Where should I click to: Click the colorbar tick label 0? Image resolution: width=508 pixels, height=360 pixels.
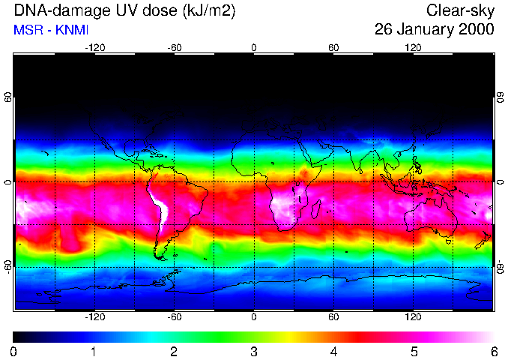click(x=13, y=351)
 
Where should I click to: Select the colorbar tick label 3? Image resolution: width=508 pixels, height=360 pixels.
click(x=253, y=351)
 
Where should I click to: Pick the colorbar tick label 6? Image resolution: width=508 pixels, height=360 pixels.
click(x=493, y=351)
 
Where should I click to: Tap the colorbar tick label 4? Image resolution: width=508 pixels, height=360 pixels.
click(x=333, y=351)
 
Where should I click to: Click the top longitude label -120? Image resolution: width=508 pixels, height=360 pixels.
click(x=94, y=48)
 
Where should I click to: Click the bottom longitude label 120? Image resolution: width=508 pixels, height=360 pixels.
click(x=413, y=317)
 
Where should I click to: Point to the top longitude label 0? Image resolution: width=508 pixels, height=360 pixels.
click(x=253, y=48)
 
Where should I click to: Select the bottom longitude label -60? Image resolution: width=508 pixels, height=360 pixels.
click(x=174, y=317)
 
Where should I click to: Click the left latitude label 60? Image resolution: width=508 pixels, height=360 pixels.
click(x=7, y=98)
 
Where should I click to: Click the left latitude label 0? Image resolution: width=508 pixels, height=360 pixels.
click(x=7, y=182)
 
